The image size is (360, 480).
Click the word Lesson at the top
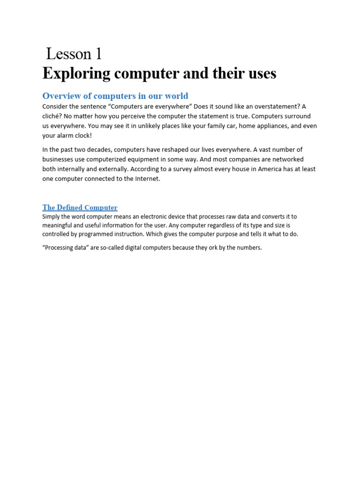(68, 54)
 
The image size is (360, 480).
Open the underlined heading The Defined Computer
(80, 208)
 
